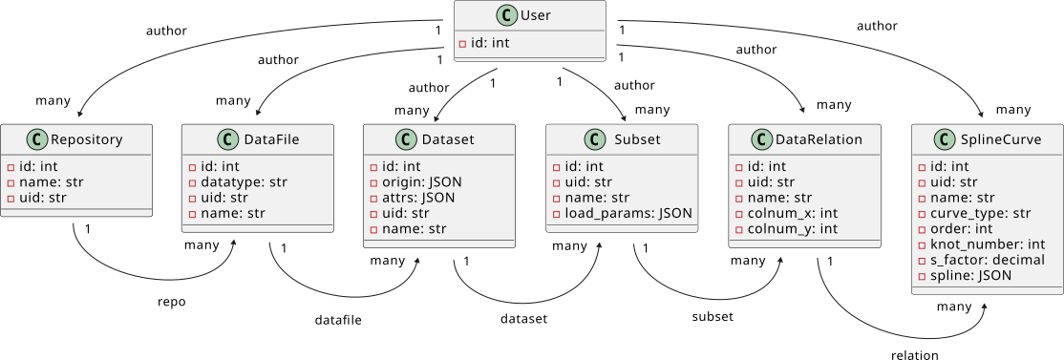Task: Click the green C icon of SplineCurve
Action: pyautogui.click(x=941, y=139)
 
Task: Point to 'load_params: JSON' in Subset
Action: pyautogui.click(x=625, y=213)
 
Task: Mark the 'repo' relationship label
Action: pyautogui.click(x=171, y=302)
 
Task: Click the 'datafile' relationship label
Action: pyautogui.click(x=338, y=319)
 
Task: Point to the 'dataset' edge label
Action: pyautogui.click(x=523, y=319)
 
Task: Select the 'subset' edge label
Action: pyautogui.click(x=712, y=316)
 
